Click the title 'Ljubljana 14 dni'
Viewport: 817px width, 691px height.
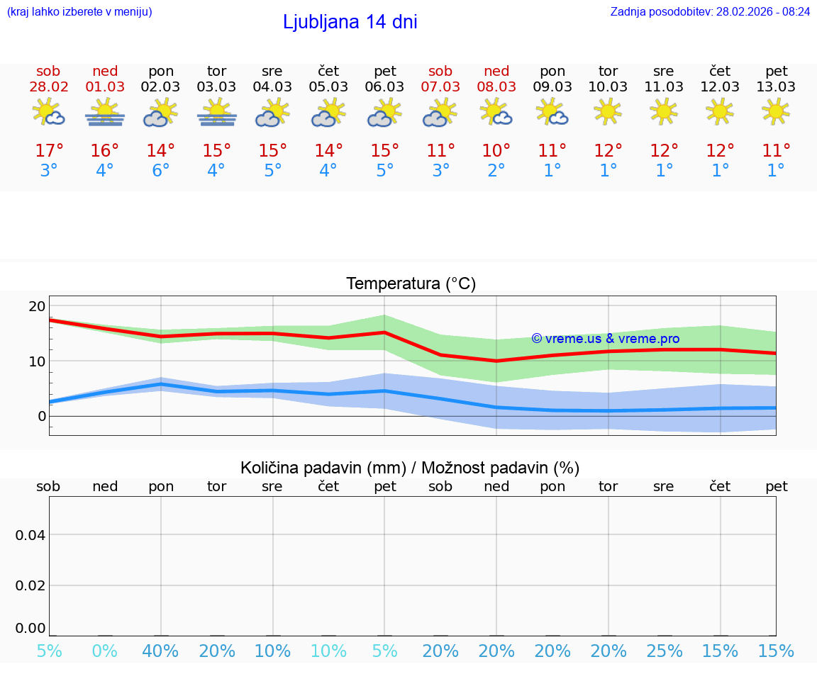tap(350, 22)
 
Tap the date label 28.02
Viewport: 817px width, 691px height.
tap(48, 87)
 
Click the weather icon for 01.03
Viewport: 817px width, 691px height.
tap(105, 113)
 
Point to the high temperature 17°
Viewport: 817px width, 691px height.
tap(49, 151)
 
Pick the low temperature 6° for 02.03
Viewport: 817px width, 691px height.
tap(161, 171)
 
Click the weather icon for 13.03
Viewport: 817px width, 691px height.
tap(776, 111)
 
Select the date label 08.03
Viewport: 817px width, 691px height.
tap(496, 87)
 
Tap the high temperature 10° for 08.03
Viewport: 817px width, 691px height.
tap(496, 151)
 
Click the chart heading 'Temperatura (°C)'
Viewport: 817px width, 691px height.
tap(411, 284)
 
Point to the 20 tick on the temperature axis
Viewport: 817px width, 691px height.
tap(37, 306)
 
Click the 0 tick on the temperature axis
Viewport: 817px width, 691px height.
tap(41, 416)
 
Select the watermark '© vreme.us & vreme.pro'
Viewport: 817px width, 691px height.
tap(605, 339)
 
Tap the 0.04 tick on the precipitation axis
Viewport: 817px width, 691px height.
tap(30, 535)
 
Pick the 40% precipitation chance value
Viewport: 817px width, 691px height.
tap(161, 651)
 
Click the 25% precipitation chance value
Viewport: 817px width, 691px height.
tap(665, 651)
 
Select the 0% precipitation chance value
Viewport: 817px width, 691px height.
tap(105, 651)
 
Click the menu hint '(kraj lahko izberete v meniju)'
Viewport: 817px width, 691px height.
tap(79, 11)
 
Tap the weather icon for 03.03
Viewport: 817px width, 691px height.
tap(217, 113)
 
